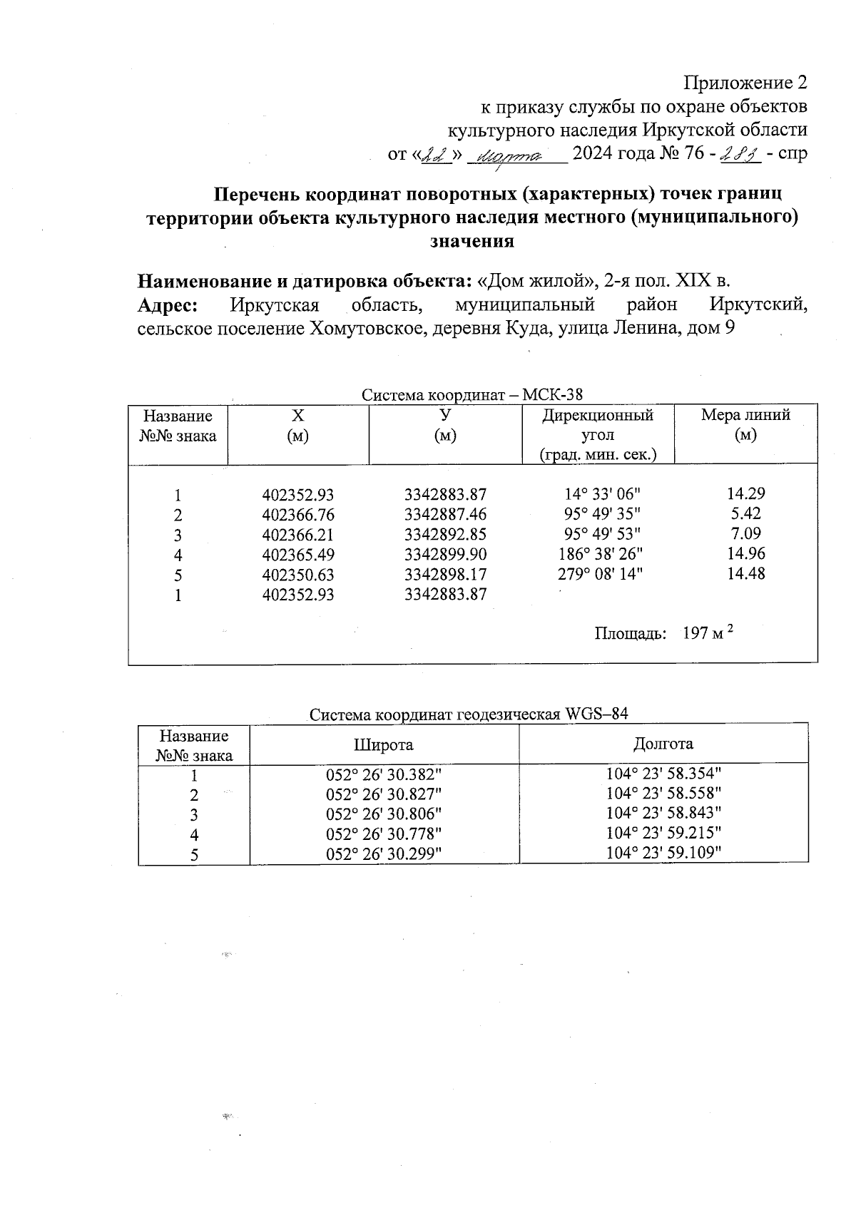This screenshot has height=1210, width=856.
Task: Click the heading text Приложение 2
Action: pyautogui.click(x=745, y=83)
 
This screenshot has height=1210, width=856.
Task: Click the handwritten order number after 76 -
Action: pyautogui.click(x=740, y=154)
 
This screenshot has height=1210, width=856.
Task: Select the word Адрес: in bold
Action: pyautogui.click(x=168, y=305)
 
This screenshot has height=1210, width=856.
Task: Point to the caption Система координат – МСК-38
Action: pyautogui.click(x=472, y=394)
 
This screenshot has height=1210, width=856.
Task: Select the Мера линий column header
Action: pyautogui.click(x=745, y=425)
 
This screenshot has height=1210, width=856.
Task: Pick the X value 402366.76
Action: pyautogui.click(x=298, y=515)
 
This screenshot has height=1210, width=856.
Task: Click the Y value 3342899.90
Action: pyautogui.click(x=445, y=555)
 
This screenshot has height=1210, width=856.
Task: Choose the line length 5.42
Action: pyautogui.click(x=745, y=513)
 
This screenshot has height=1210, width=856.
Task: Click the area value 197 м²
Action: pyautogui.click(x=708, y=632)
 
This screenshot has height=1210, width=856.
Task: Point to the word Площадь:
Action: pyautogui.click(x=631, y=634)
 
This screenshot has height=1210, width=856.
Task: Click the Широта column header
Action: pyautogui.click(x=384, y=745)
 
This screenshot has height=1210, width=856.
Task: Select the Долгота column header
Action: pyautogui.click(x=663, y=744)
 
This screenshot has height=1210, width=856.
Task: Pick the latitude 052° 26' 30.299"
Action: pyautogui.click(x=384, y=854)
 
